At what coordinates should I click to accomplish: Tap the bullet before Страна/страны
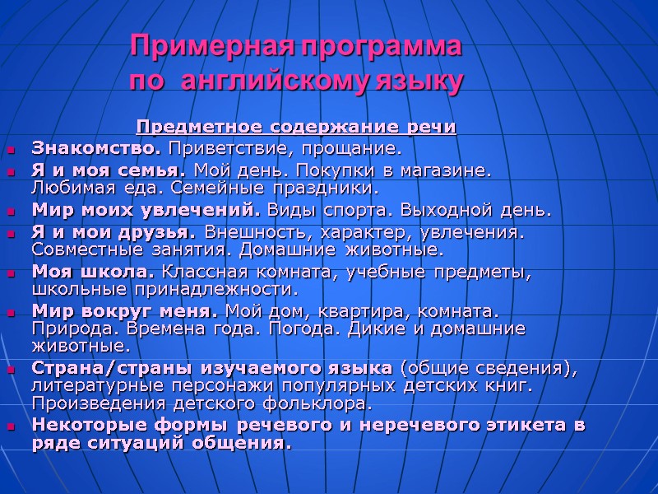(12, 369)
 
